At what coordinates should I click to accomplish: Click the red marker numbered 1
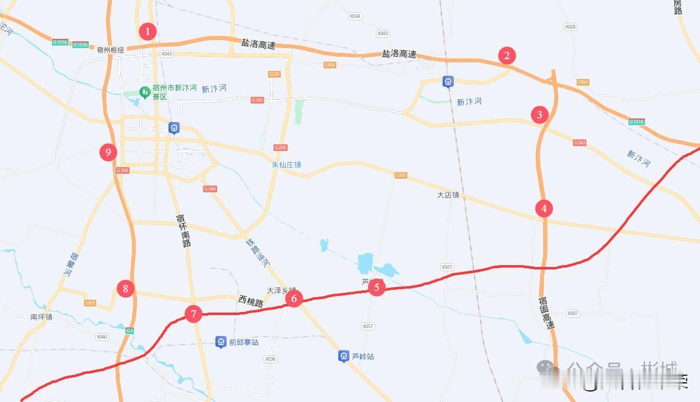pyautogui.click(x=147, y=31)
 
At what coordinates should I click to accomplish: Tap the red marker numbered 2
pyautogui.click(x=507, y=56)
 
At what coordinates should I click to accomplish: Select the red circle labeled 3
pyautogui.click(x=540, y=115)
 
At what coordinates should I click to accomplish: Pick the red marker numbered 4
pyautogui.click(x=544, y=208)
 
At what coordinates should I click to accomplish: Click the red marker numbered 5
pyautogui.click(x=377, y=287)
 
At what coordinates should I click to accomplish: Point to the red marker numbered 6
pyautogui.click(x=294, y=299)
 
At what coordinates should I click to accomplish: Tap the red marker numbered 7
pyautogui.click(x=193, y=314)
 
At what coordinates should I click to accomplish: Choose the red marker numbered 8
pyautogui.click(x=125, y=288)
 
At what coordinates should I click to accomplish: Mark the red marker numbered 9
pyautogui.click(x=108, y=152)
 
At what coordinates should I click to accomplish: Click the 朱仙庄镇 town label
pyautogui.click(x=286, y=165)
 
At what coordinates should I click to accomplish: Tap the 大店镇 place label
pyautogui.click(x=448, y=195)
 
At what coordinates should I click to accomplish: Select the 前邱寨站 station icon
pyautogui.click(x=220, y=342)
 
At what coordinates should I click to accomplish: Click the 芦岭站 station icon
pyautogui.click(x=344, y=356)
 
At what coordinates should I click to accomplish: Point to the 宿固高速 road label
pyautogui.click(x=546, y=313)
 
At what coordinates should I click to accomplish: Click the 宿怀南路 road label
pyautogui.click(x=183, y=230)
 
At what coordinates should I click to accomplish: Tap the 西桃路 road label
pyautogui.click(x=251, y=302)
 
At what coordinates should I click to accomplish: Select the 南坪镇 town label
pyautogui.click(x=41, y=317)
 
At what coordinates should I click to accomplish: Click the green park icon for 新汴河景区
pyautogui.click(x=144, y=92)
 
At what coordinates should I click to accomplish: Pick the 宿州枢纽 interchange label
pyautogui.click(x=110, y=50)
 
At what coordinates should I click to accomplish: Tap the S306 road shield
pyautogui.click(x=401, y=176)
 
